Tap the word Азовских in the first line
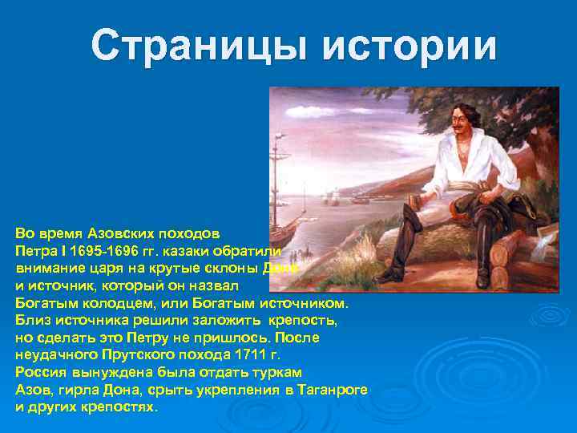[x=113, y=233]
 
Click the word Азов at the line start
[x=31, y=390]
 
